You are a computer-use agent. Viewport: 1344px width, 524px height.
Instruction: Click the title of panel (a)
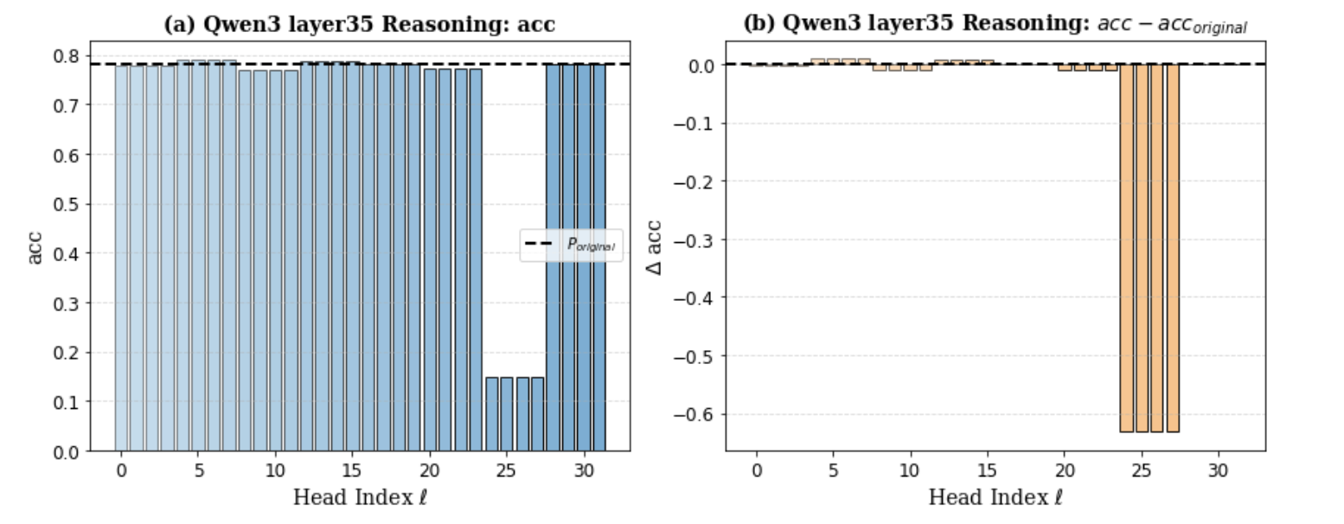[359, 25]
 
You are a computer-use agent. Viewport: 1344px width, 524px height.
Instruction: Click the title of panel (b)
[995, 25]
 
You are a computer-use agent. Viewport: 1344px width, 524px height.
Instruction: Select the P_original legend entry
[570, 245]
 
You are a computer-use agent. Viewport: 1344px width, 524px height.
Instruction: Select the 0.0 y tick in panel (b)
[699, 65]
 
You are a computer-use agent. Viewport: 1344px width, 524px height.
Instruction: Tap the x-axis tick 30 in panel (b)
[1219, 468]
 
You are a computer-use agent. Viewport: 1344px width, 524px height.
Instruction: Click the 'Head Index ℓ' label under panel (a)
[359, 498]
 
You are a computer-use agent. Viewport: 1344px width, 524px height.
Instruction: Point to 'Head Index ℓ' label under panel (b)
[995, 498]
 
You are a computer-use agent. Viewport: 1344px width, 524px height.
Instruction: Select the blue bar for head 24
[491, 414]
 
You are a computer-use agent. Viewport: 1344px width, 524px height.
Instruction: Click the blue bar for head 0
[121, 259]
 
